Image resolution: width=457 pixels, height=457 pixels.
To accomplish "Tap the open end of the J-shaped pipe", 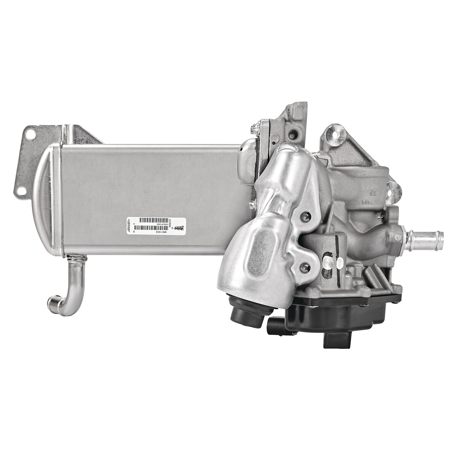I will (53, 303).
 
